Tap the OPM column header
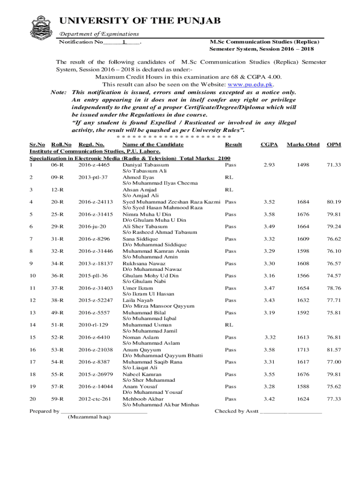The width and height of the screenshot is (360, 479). [x=333, y=145]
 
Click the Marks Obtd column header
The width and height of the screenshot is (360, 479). [x=303, y=145]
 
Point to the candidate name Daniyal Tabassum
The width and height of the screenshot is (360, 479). [x=145, y=165]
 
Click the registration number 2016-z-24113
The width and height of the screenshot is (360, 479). [x=95, y=202]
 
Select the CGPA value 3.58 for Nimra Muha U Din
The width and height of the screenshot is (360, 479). [x=268, y=214]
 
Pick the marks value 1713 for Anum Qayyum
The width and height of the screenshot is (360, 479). [x=303, y=349]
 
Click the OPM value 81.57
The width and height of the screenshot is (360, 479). [x=334, y=349]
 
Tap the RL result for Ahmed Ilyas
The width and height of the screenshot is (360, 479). [x=229, y=177]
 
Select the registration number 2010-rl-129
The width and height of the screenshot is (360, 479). [x=94, y=325]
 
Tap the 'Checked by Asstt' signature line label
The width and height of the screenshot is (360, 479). [x=236, y=411]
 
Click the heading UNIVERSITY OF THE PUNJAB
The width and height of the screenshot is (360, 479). [x=140, y=21]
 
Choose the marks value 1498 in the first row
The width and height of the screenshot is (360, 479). [x=303, y=165]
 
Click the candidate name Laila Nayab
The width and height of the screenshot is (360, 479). [x=137, y=300]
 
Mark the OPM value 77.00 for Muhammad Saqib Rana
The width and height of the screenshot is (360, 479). [x=334, y=362]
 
